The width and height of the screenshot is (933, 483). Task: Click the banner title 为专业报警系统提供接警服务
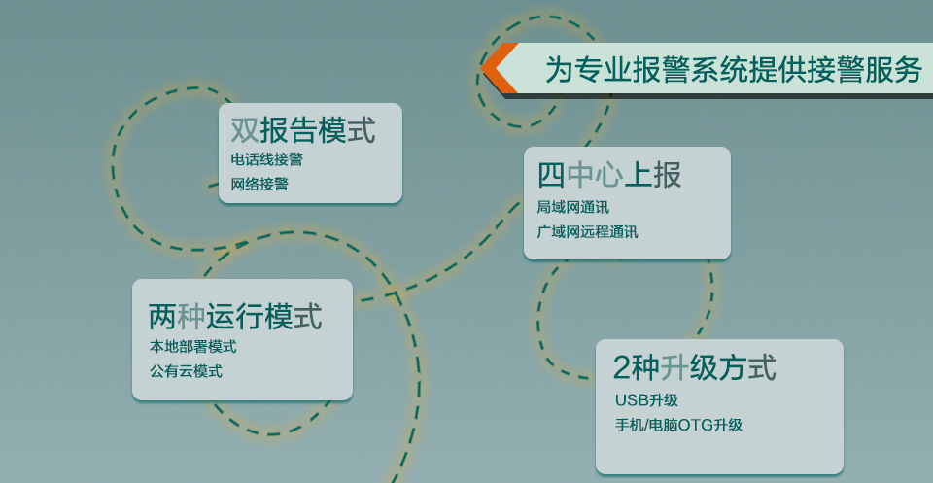coord(734,70)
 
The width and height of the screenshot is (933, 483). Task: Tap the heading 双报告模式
coord(303,129)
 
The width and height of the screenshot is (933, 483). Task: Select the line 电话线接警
coord(267,159)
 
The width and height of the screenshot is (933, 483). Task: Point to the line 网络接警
coord(260,184)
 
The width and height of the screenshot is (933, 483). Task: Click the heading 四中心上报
coord(609,175)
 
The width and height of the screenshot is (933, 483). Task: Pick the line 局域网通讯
coord(573,208)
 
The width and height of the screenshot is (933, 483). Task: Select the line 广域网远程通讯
coord(587,232)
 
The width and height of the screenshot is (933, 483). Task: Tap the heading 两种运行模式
coord(235,316)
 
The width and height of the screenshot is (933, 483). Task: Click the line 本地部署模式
coord(192,346)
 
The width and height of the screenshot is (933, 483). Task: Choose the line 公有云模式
coord(186,372)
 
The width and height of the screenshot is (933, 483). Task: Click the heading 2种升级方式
coord(694,367)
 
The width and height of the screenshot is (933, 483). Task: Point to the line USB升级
coord(647,400)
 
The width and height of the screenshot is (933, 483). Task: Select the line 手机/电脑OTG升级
coord(679,426)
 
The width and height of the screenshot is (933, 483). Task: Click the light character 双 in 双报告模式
coord(245,129)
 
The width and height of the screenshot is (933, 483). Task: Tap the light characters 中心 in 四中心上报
coord(595,175)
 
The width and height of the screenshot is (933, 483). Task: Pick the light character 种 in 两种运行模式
coord(191,316)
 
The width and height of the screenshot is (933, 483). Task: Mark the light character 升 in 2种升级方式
coord(674,367)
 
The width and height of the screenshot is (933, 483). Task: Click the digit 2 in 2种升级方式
coord(621,368)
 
